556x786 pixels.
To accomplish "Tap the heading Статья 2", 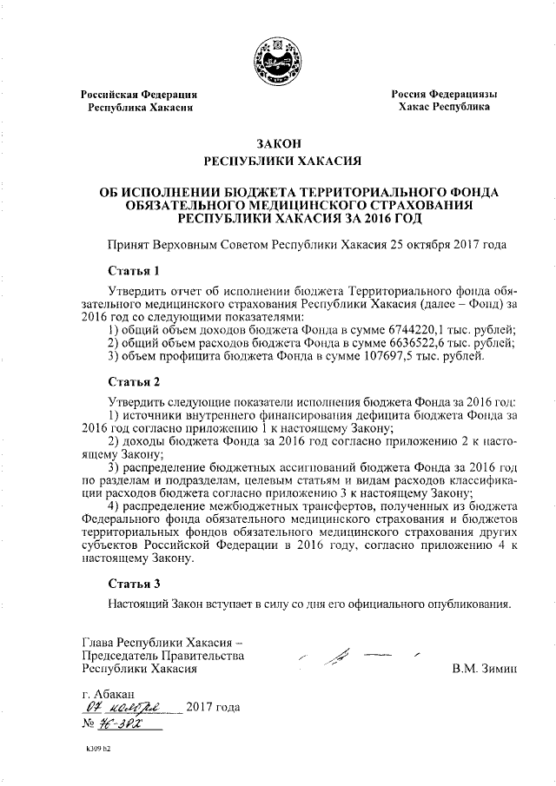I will coord(135,381).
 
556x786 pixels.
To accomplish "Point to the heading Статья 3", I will coord(135,583).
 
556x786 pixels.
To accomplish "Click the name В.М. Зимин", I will coord(485,670).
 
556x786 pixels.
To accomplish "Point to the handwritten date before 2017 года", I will coord(127,708).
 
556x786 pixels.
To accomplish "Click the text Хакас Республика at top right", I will coord(443,107).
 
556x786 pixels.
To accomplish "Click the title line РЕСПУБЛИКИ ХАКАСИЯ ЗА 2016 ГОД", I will coord(277,217).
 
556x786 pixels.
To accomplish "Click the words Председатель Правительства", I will coord(162,656).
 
